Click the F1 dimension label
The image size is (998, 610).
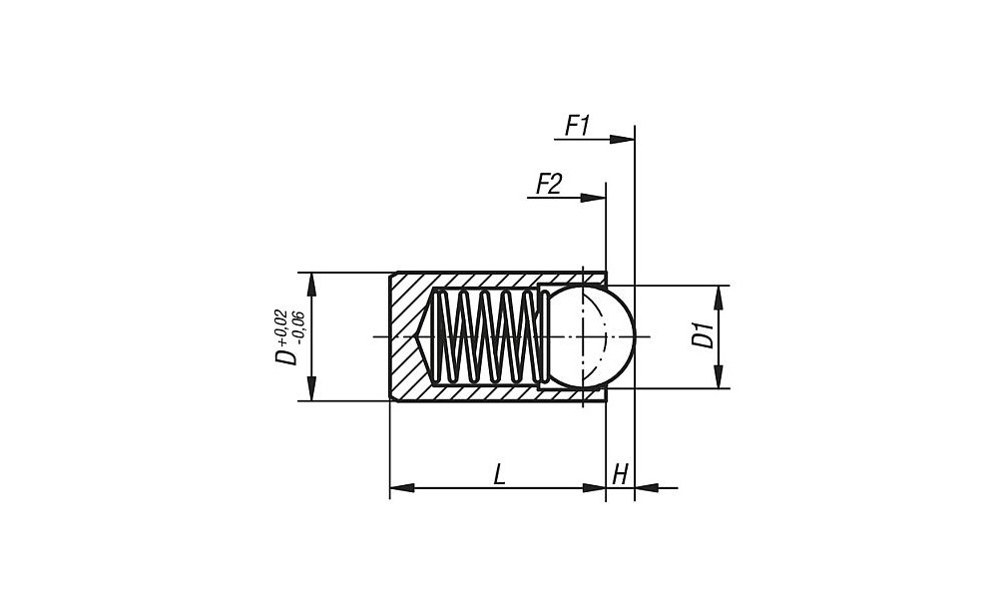[578, 126]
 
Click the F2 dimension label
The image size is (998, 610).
[549, 184]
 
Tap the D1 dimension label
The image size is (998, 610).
[705, 336]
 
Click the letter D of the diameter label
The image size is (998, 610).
[287, 356]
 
